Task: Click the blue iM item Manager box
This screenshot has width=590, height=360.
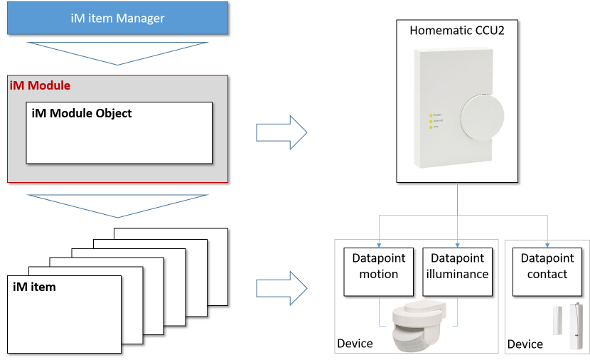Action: click(117, 18)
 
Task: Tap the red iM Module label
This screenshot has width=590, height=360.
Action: click(40, 86)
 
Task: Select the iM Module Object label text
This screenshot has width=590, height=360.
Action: click(82, 113)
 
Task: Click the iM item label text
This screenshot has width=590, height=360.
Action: click(34, 287)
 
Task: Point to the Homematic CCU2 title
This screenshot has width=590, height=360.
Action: click(457, 30)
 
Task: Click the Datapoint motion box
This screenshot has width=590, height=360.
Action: click(379, 272)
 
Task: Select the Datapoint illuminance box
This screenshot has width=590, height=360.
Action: click(458, 272)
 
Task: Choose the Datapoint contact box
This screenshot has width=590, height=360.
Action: click(547, 272)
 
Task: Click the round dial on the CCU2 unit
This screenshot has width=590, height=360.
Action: click(482, 117)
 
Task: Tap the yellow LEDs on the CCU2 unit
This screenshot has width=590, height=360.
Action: click(431, 121)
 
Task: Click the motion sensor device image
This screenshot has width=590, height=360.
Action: click(418, 325)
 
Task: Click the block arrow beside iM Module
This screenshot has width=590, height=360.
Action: click(281, 132)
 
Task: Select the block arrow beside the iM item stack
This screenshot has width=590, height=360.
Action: click(281, 289)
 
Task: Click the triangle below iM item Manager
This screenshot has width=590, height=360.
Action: click(117, 53)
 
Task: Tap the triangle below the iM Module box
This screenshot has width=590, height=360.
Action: click(117, 206)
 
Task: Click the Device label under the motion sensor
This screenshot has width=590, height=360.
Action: click(355, 343)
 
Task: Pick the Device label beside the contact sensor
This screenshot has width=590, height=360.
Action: click(525, 344)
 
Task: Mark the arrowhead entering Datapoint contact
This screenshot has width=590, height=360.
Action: click(547, 245)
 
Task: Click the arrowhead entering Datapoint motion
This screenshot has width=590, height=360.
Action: click(379, 245)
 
